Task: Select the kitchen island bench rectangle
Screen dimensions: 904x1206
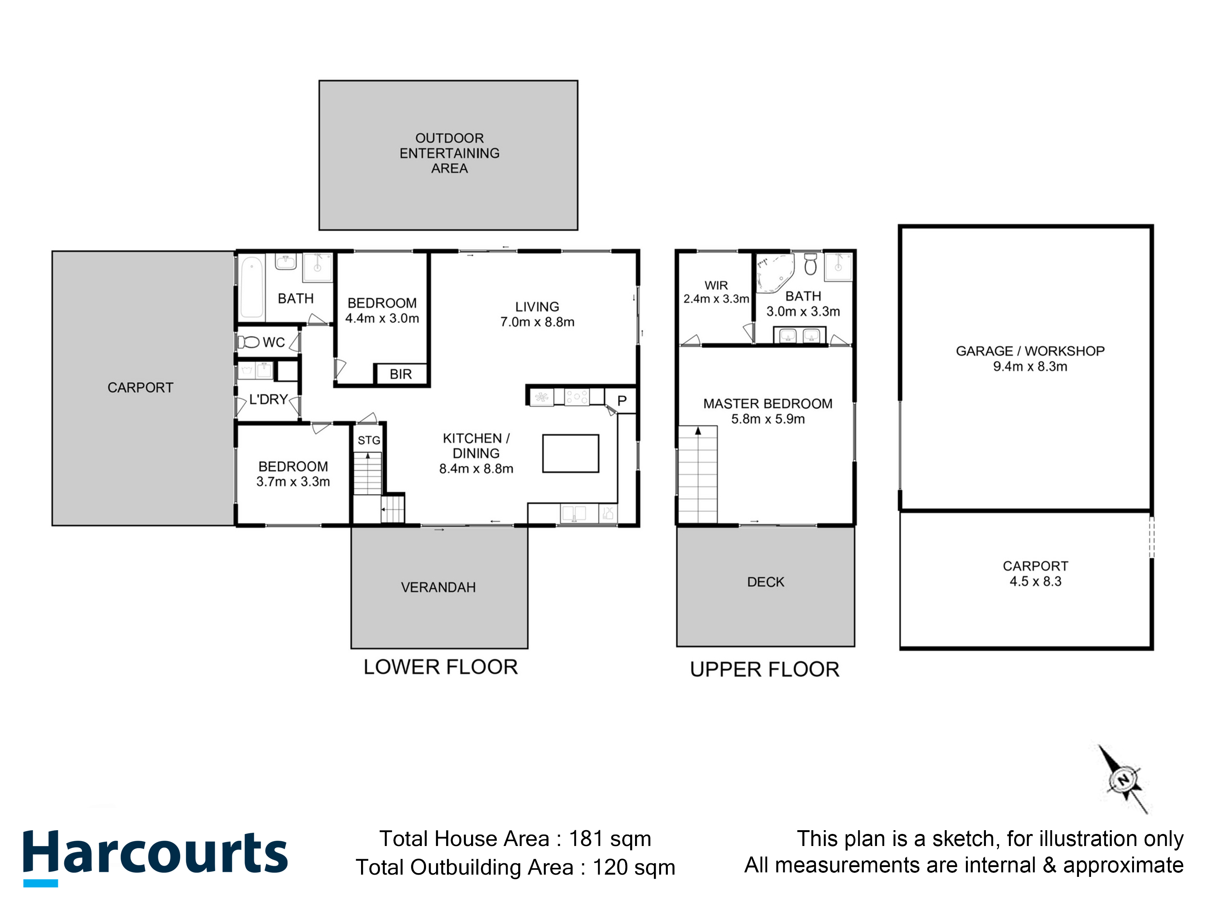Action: pyautogui.click(x=570, y=454)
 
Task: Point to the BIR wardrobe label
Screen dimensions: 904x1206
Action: pyautogui.click(x=401, y=374)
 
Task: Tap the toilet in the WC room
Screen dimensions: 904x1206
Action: pyautogui.click(x=249, y=342)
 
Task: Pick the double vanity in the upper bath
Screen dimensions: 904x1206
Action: pyautogui.click(x=799, y=335)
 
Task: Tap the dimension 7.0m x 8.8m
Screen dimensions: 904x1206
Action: pyautogui.click(x=537, y=322)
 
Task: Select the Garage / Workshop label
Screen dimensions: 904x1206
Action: pyautogui.click(x=1030, y=351)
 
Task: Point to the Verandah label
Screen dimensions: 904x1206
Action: pyautogui.click(x=438, y=587)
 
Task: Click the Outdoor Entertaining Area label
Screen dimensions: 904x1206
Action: pyautogui.click(x=449, y=153)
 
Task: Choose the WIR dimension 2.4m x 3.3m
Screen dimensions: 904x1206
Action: pyautogui.click(x=716, y=299)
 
